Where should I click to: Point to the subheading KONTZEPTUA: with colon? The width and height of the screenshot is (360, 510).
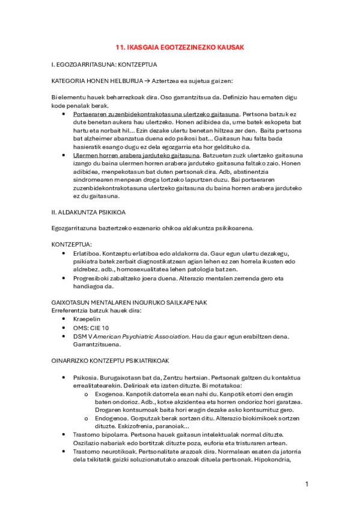pyautogui.click(x=72, y=245)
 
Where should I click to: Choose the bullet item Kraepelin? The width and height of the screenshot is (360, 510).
pyautogui.click(x=87, y=319)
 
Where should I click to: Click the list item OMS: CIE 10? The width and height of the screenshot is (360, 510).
pyautogui.click(x=91, y=328)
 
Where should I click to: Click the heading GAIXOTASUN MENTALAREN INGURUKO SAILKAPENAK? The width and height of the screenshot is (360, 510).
pyautogui.click(x=129, y=303)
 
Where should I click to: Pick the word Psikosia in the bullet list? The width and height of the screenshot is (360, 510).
pyautogui.click(x=86, y=377)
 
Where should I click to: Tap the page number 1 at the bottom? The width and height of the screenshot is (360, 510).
pyautogui.click(x=307, y=484)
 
